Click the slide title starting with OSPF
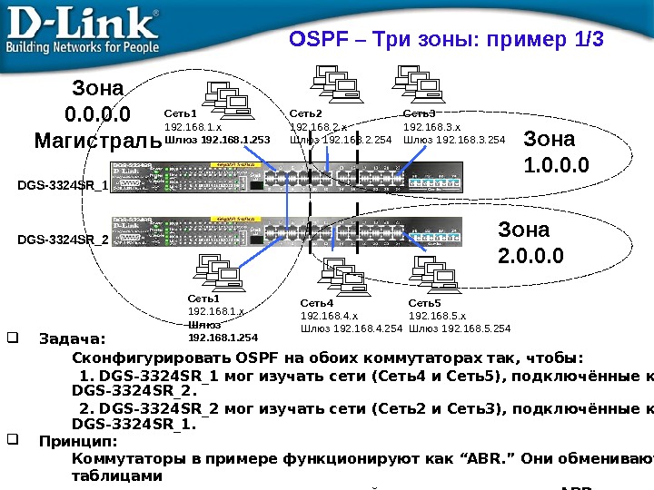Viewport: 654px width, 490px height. [446, 40]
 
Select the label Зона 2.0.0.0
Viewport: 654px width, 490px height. [530, 244]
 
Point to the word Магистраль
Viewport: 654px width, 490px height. [97, 142]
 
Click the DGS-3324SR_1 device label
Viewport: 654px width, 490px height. [63, 185]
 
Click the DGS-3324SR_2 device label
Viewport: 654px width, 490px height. [63, 240]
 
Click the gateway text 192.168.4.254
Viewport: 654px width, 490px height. [367, 328]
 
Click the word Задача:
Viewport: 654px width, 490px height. [73, 341]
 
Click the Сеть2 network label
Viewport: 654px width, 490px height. [306, 114]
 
